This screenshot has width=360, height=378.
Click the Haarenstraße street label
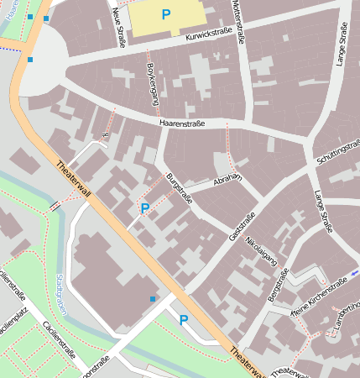181,123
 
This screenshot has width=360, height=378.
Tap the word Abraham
227,179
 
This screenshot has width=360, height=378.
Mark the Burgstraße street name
180,188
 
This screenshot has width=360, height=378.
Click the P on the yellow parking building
165,14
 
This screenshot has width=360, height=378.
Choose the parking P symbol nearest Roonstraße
183,319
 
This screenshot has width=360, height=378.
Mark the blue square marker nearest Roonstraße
152,299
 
